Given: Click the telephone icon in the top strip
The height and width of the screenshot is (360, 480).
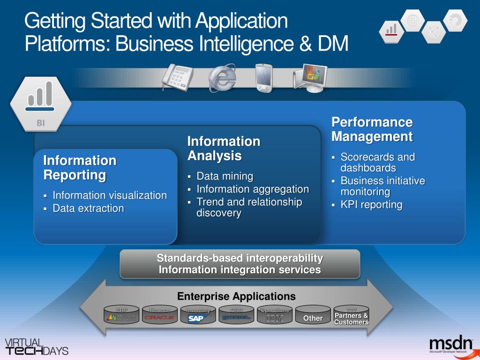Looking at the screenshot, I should [177, 76].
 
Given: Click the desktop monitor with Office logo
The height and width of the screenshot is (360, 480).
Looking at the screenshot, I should [310, 78].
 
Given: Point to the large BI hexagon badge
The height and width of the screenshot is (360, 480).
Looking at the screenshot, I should [40, 103].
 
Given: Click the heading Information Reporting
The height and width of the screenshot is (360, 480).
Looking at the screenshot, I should [80, 168].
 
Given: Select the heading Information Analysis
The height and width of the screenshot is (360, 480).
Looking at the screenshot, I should [224, 148].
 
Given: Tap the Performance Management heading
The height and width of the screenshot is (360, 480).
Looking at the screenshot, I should [372, 129].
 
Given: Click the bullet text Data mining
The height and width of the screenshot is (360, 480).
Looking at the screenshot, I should [225, 176].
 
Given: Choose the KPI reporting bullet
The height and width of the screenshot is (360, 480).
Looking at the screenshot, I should [371, 204].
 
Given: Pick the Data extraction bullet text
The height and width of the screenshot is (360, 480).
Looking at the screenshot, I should [88, 208].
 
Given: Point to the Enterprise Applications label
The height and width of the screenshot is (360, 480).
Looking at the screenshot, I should [236, 296].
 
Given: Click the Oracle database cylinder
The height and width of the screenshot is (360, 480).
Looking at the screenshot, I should [160, 316].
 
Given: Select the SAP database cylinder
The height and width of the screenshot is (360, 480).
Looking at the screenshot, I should [198, 316].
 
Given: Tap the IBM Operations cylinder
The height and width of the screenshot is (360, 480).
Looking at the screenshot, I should [275, 316].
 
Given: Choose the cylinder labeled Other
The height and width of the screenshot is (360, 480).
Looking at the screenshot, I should [313, 317].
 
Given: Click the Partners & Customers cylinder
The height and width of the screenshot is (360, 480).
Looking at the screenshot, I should [351, 316].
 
